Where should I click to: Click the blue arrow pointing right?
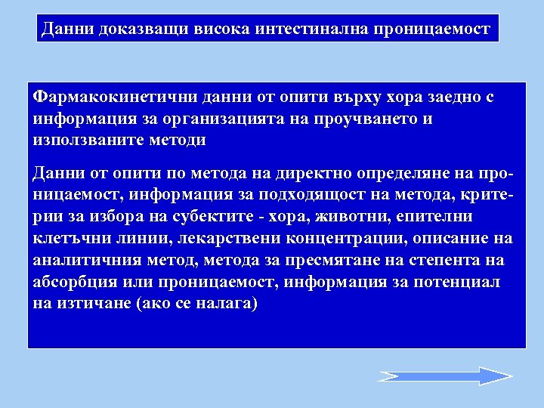[445, 376]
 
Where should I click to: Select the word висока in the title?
[224, 29]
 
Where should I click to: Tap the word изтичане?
[87, 303]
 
